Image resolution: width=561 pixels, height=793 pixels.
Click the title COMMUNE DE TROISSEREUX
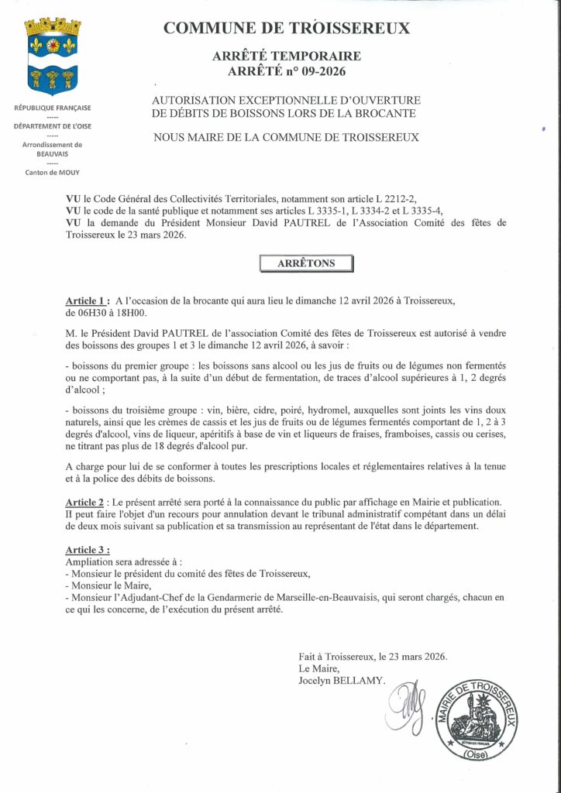click(286, 29)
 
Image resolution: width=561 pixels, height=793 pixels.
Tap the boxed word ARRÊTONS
click(306, 263)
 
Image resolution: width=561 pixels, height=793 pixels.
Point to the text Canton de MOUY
click(52, 172)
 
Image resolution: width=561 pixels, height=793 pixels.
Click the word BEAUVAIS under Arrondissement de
click(52, 153)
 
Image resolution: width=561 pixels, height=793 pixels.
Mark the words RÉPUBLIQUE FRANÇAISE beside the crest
click(52, 107)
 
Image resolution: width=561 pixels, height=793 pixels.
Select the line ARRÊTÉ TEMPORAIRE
click(286, 57)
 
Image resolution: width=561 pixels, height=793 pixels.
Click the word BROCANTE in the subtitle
click(391, 115)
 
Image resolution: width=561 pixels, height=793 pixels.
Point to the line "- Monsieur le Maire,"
click(109, 585)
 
